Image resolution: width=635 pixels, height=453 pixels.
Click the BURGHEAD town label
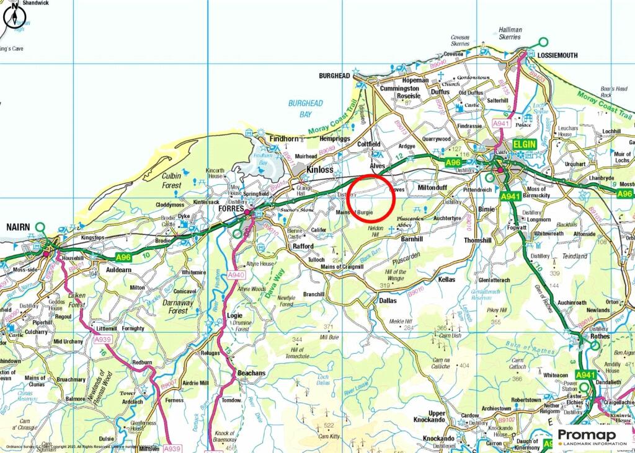coord(335,76)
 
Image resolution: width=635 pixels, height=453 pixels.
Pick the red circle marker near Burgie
coord(371,198)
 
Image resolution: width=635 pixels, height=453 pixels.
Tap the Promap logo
coord(592,436)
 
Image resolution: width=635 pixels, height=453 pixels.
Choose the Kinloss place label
coord(319,169)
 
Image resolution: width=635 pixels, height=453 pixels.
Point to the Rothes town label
coord(599,336)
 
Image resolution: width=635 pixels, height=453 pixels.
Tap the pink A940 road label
coord(236,275)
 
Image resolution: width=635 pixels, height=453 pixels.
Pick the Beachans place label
coord(251,374)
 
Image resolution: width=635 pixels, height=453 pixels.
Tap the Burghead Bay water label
coord(305,109)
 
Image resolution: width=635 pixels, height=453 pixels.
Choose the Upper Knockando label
coord(437,416)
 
